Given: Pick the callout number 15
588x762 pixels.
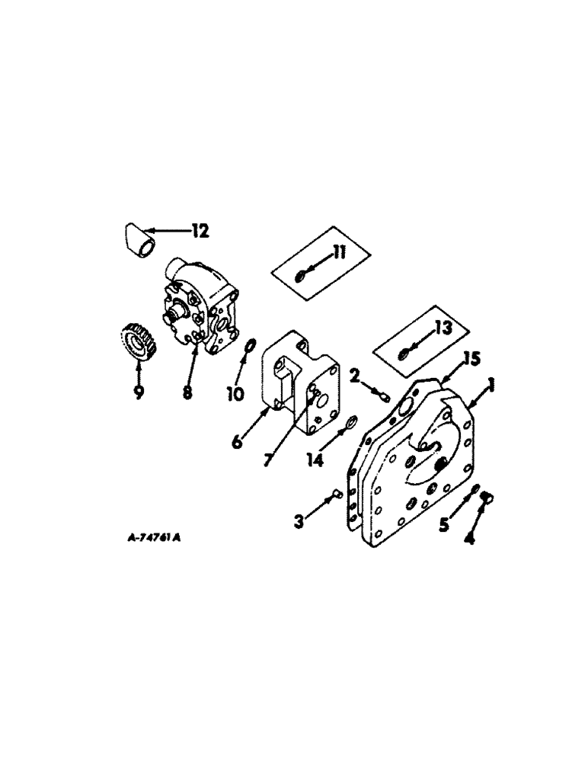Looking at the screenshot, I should pos(471,360).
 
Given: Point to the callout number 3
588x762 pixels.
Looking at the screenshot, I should pos(300,521).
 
